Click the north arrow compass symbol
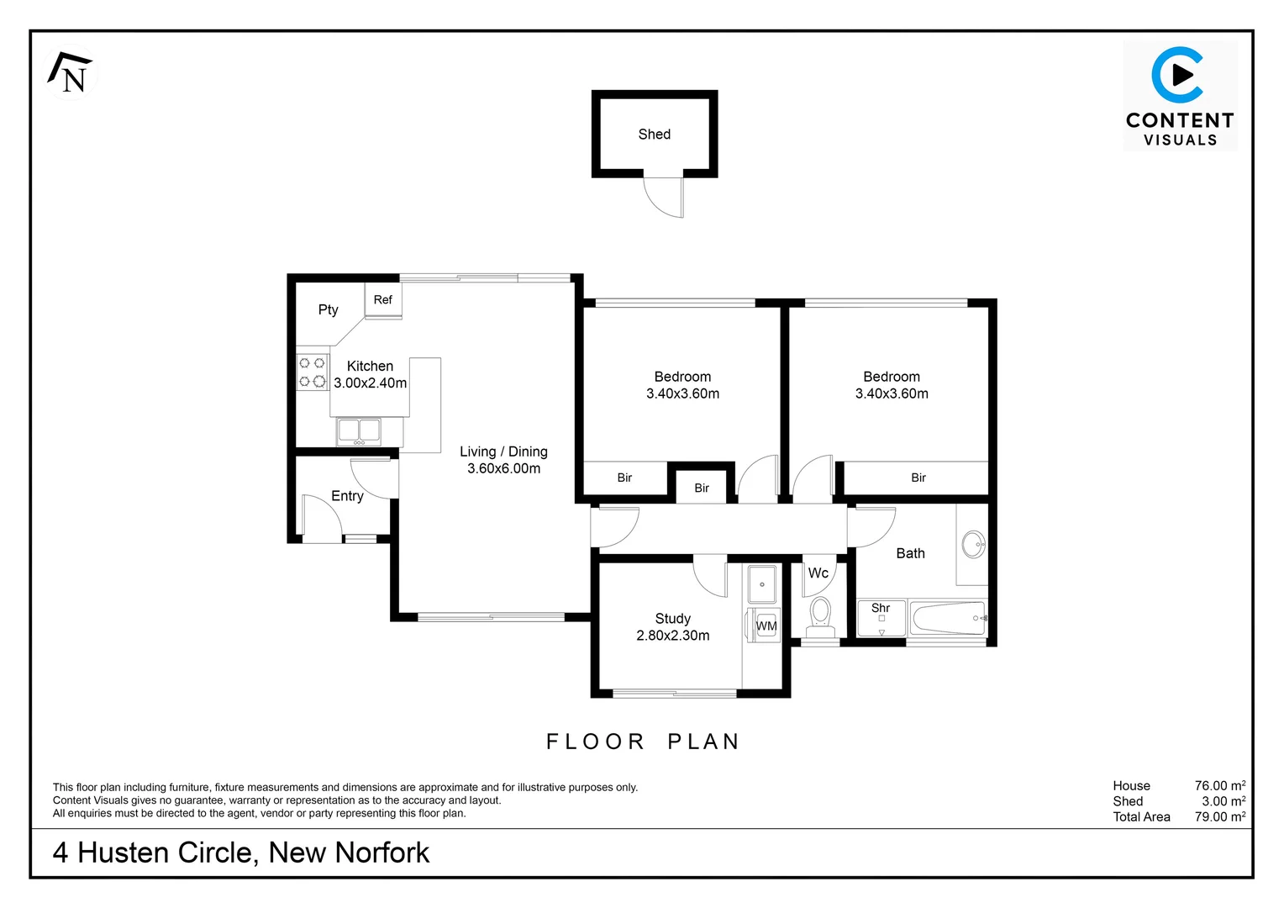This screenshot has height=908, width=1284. (71, 72)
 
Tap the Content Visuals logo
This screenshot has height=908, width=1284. (1180, 96)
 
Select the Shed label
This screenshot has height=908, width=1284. (654, 135)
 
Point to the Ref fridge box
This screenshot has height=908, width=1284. (383, 300)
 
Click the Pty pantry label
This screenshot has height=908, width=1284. (328, 309)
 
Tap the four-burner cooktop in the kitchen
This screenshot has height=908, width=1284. (312, 372)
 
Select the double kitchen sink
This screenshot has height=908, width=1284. (359, 431)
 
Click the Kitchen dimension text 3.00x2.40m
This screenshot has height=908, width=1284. (370, 383)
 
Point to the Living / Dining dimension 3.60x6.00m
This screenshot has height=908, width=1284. (503, 469)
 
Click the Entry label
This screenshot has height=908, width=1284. (347, 496)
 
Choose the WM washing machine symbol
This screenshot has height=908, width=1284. (765, 626)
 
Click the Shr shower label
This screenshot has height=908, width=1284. (880, 608)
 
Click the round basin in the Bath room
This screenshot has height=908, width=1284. (973, 544)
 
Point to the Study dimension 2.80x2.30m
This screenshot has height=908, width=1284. (672, 636)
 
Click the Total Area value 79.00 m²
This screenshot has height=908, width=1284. (1219, 816)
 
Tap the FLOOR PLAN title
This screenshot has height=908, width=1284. (643, 742)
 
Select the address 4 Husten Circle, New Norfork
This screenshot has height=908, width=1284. (240, 853)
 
